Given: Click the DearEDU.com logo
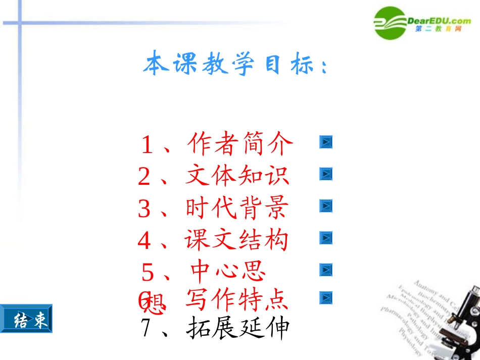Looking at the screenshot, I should tap(422, 23).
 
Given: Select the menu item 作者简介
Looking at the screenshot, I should tap(239, 144).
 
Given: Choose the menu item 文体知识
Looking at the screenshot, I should tap(237, 176).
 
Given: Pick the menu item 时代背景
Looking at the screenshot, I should tap(237, 208).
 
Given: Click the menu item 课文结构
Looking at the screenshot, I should tap(237, 239).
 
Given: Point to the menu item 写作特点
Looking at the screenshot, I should tap(237, 300).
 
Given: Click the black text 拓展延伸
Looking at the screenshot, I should tap(238, 328).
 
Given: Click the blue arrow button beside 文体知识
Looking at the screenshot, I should tap(326, 174).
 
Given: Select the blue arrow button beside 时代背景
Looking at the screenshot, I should tap(326, 206).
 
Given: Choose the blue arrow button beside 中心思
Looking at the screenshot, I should tap(326, 270).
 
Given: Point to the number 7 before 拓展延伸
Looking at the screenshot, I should tap(146, 329).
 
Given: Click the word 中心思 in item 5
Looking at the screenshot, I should tap(228, 271).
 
